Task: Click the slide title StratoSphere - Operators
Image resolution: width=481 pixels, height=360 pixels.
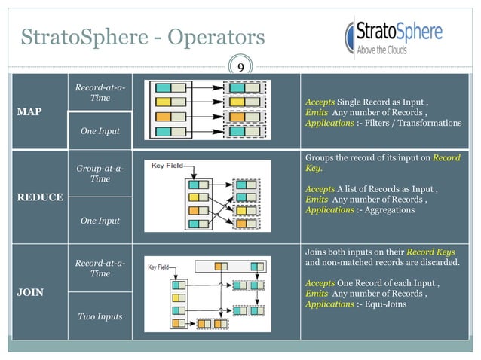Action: (142, 37)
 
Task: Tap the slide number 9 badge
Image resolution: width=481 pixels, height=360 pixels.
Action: (240, 68)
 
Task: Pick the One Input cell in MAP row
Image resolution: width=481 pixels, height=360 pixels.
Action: (100, 132)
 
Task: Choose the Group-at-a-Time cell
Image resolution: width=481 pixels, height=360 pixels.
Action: (100, 174)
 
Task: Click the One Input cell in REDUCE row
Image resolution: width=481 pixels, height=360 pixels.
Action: (100, 221)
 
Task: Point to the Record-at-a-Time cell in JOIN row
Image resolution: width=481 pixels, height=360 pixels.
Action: (100, 268)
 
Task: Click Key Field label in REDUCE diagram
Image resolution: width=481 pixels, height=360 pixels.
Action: (168, 165)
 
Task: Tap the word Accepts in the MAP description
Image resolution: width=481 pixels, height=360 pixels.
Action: (320, 101)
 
